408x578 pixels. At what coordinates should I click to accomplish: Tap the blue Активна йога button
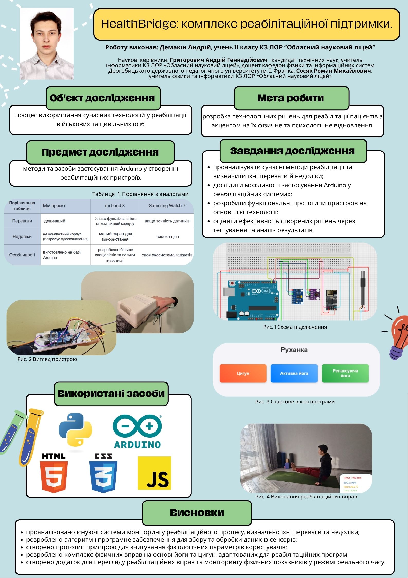[x=294, y=373]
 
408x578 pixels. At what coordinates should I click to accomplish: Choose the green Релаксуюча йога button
[x=345, y=373]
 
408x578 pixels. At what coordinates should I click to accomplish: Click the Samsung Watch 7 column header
[x=167, y=206]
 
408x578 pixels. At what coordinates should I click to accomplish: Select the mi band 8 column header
[x=115, y=206]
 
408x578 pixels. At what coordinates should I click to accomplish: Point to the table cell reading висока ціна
[x=168, y=237]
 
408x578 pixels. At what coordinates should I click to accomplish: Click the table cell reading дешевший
[x=55, y=221]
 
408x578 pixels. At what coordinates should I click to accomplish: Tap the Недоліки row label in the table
[x=22, y=237]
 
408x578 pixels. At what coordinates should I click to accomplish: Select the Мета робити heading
[x=291, y=98]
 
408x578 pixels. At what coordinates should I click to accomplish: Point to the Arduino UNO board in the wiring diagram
[x=253, y=300]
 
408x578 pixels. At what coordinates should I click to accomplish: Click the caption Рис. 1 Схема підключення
[x=295, y=327]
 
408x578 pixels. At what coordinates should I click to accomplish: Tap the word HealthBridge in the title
[x=140, y=24]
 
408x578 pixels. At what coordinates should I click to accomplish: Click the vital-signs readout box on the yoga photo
[x=356, y=483]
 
